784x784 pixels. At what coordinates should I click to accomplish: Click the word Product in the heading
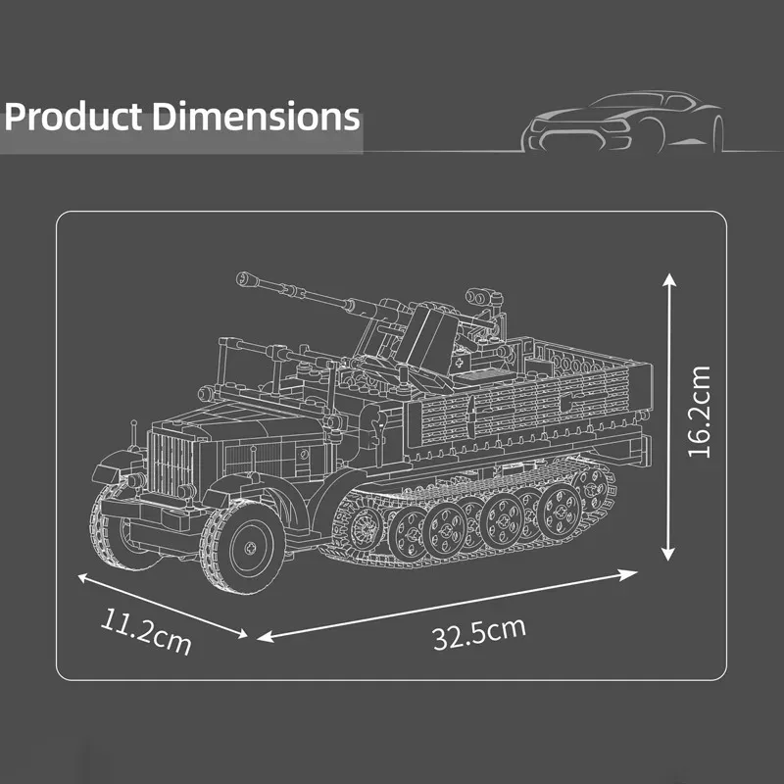click(x=74, y=117)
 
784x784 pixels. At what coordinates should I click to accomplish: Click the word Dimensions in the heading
click(x=256, y=117)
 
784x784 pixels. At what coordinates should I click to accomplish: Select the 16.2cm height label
click(x=698, y=413)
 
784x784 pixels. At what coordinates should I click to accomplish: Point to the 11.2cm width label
click(x=144, y=632)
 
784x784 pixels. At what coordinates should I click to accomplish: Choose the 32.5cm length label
click(x=478, y=632)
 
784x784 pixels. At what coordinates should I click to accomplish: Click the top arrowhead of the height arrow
click(x=669, y=280)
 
